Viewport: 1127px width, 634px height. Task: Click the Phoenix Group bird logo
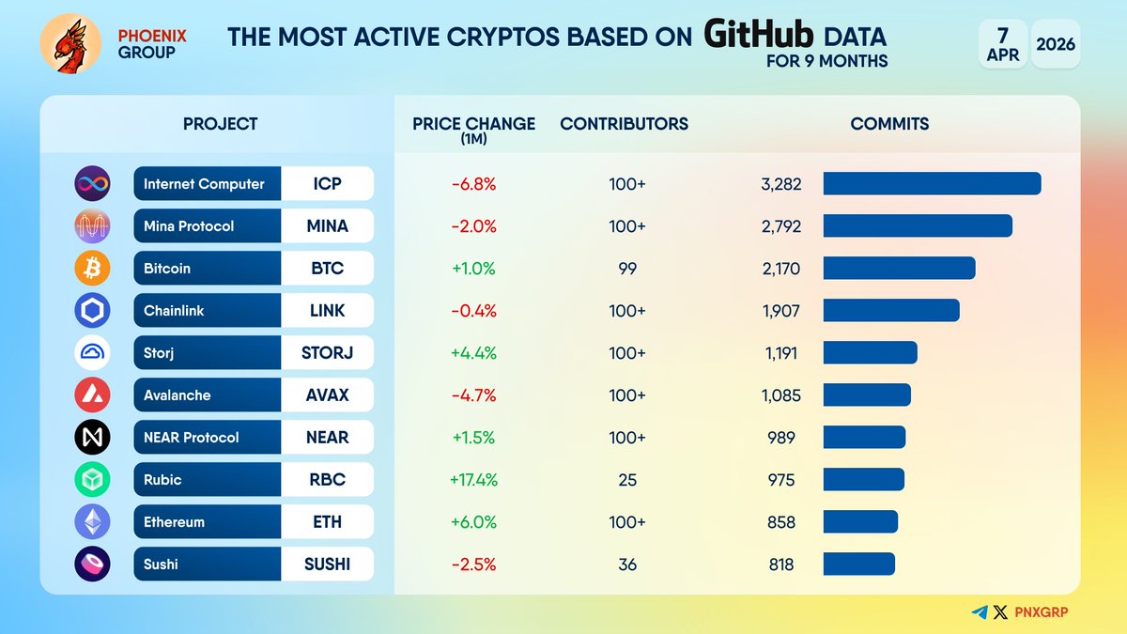[70, 45]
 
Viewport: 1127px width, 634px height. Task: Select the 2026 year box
[1056, 44]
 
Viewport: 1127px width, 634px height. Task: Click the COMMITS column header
[889, 124]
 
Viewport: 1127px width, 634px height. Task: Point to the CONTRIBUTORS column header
[624, 124]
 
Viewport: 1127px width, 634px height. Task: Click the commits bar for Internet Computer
[932, 184]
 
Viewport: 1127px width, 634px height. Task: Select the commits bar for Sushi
[858, 564]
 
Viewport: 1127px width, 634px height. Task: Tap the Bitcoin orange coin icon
[92, 269]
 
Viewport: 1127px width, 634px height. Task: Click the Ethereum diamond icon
[92, 522]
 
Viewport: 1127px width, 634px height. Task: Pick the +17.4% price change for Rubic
[474, 480]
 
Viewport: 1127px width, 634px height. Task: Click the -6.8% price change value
[474, 184]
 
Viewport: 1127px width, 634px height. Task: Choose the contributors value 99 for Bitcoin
[627, 269]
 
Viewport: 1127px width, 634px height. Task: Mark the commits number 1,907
[780, 311]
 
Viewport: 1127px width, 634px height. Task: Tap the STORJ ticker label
[326, 353]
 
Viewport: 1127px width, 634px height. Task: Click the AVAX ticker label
[326, 395]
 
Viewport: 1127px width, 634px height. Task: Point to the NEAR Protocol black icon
[92, 438]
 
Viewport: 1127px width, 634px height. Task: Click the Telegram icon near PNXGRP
[980, 612]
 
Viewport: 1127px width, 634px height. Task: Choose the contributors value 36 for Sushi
[627, 564]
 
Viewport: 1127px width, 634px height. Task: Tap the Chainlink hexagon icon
[92, 311]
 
